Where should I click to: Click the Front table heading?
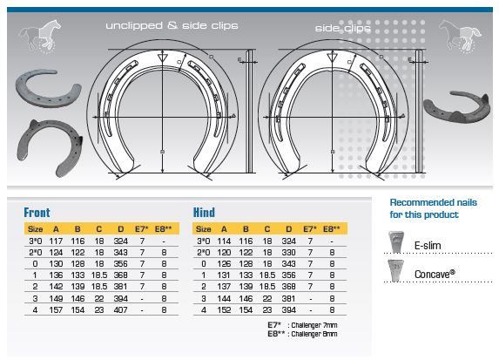[x=37, y=213]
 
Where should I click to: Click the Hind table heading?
[x=204, y=213]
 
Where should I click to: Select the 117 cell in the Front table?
[x=56, y=241]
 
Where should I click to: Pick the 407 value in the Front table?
[x=120, y=309]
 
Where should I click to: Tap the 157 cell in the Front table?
[x=56, y=309]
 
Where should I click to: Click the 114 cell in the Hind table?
[x=224, y=241]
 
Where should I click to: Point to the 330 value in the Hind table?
[x=288, y=253]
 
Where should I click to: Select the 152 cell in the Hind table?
[x=224, y=309]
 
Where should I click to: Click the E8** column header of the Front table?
[x=163, y=229]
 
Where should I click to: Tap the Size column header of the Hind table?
[x=204, y=229]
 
